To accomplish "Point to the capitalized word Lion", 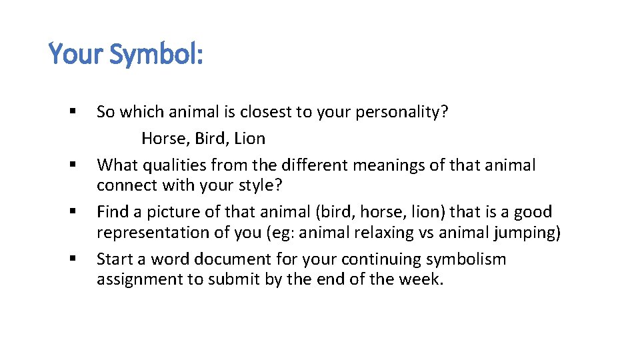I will point(249,139).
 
